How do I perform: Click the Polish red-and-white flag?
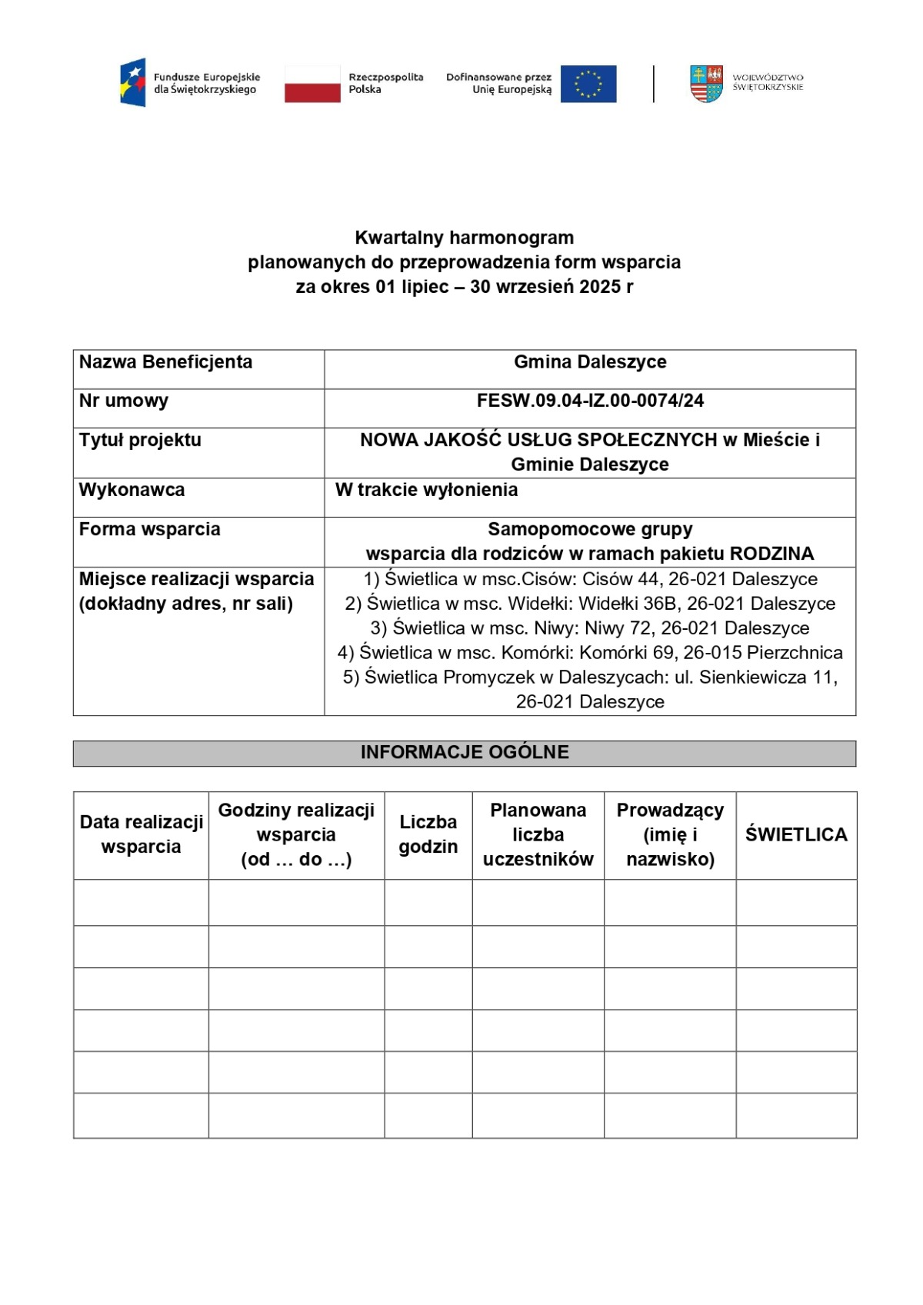pos(312,84)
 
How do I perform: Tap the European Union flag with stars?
pos(588,84)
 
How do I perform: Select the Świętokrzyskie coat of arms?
pos(706,84)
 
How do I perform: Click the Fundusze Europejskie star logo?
pos(133,82)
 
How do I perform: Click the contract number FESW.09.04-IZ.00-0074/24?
pos(590,401)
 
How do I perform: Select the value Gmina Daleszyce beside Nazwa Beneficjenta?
pos(590,362)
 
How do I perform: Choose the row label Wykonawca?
pos(132,490)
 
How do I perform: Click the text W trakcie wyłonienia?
pos(426,490)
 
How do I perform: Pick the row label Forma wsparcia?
pos(149,529)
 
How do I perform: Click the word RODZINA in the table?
pos(771,554)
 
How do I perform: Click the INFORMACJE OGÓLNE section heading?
pos(465,753)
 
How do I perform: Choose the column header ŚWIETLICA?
pos(796,835)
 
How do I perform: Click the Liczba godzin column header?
pos(428,834)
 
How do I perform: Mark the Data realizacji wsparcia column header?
pos(141,834)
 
